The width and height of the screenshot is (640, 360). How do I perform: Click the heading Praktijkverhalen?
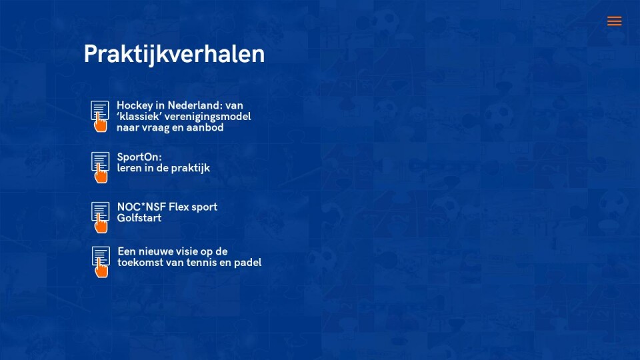174,54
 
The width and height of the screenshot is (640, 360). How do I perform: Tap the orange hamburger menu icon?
614,21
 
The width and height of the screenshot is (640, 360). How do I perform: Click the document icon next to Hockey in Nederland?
100,116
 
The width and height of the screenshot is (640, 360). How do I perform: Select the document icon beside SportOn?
101,167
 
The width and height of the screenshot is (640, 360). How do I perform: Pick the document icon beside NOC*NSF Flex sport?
101,217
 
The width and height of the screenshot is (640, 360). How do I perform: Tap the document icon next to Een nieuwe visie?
101,262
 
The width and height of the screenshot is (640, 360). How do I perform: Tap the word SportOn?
139,157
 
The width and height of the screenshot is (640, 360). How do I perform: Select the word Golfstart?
139,218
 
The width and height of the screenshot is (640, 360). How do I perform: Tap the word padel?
248,263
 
